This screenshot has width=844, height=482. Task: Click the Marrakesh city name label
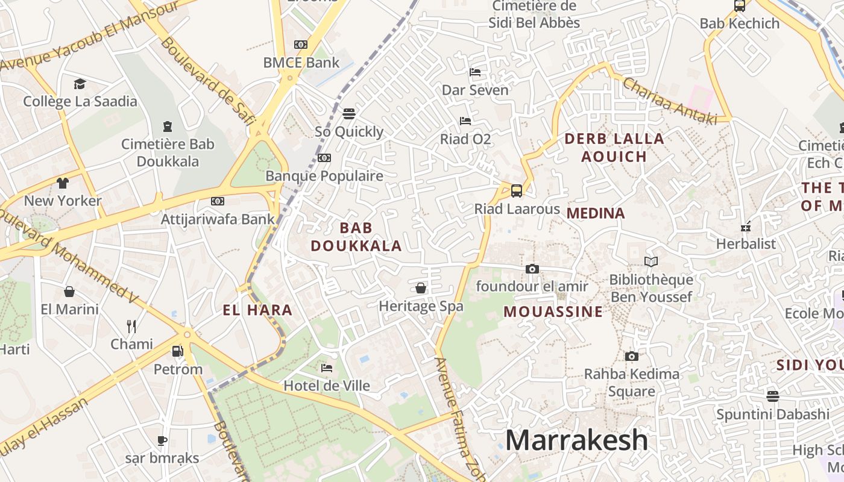click(576, 440)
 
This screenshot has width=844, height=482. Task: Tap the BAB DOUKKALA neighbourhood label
click(356, 237)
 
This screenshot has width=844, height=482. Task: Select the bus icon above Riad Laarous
click(517, 191)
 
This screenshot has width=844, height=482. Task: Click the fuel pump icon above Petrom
click(177, 351)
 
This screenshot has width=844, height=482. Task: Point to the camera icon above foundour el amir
click(532, 269)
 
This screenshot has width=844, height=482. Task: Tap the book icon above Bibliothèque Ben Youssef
click(650, 261)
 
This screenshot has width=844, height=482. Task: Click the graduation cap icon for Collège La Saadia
click(80, 84)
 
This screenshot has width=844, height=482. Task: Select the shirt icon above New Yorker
click(63, 183)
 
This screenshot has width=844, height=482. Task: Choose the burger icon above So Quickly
click(348, 114)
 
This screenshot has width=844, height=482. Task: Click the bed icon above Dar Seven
click(475, 72)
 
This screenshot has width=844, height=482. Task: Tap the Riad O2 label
click(465, 139)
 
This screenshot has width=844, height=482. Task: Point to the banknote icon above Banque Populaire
click(324, 158)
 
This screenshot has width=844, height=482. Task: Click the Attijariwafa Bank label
click(218, 219)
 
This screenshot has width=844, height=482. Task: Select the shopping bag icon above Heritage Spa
click(421, 288)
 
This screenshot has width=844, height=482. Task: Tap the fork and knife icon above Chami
click(131, 327)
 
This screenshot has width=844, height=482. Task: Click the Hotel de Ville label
click(327, 386)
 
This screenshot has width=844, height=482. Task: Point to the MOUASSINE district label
click(553, 311)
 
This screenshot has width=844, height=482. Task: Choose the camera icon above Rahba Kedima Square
click(631, 356)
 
